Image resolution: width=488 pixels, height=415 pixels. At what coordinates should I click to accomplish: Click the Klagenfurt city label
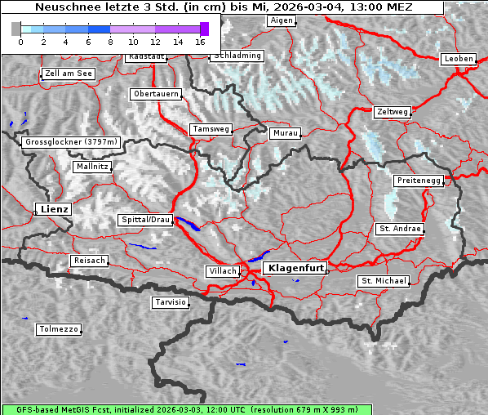297,267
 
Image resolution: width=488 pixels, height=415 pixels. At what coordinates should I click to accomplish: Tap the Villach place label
222,270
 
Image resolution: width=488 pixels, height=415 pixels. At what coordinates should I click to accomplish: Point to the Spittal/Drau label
146,220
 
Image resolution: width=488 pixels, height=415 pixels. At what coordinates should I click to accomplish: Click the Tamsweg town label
211,129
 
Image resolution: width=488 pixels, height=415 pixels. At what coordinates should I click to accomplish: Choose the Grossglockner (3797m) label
72,142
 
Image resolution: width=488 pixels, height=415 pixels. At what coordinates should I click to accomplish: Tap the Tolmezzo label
59,329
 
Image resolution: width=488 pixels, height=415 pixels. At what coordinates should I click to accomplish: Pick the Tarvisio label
171,302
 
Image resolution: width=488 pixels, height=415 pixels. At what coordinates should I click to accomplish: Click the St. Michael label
384,281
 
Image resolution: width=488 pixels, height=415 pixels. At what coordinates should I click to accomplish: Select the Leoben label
458,59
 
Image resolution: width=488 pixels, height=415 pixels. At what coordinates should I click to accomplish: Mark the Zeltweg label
392,111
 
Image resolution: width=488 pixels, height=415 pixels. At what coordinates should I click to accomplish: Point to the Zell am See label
69,74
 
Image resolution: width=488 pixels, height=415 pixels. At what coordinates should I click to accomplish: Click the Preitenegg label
419,180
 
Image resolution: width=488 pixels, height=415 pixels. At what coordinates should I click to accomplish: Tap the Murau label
286,132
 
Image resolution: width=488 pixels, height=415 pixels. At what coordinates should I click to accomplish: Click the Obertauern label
155,94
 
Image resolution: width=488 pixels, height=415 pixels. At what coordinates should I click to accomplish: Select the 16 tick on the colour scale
200,40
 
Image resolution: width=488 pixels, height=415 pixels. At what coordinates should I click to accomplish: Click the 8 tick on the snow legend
110,40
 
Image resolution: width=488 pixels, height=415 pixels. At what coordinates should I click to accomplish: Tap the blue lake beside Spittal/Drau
187,224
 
